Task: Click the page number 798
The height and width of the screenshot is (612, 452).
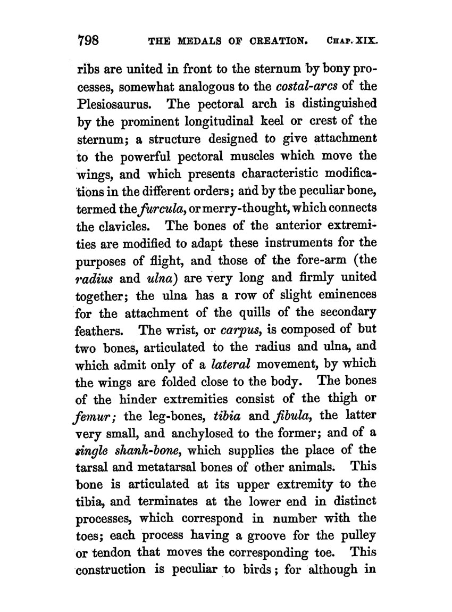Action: click(93, 40)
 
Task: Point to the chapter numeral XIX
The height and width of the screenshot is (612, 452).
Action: click(366, 41)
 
